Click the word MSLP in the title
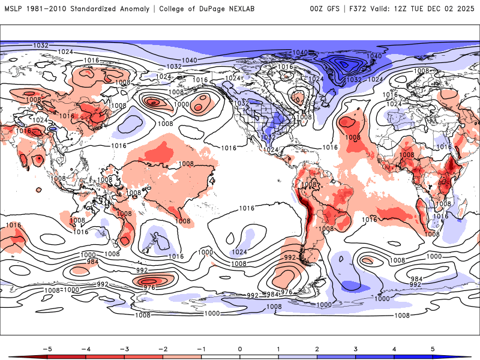(x=14, y=8)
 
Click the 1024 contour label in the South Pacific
(x=239, y=252)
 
